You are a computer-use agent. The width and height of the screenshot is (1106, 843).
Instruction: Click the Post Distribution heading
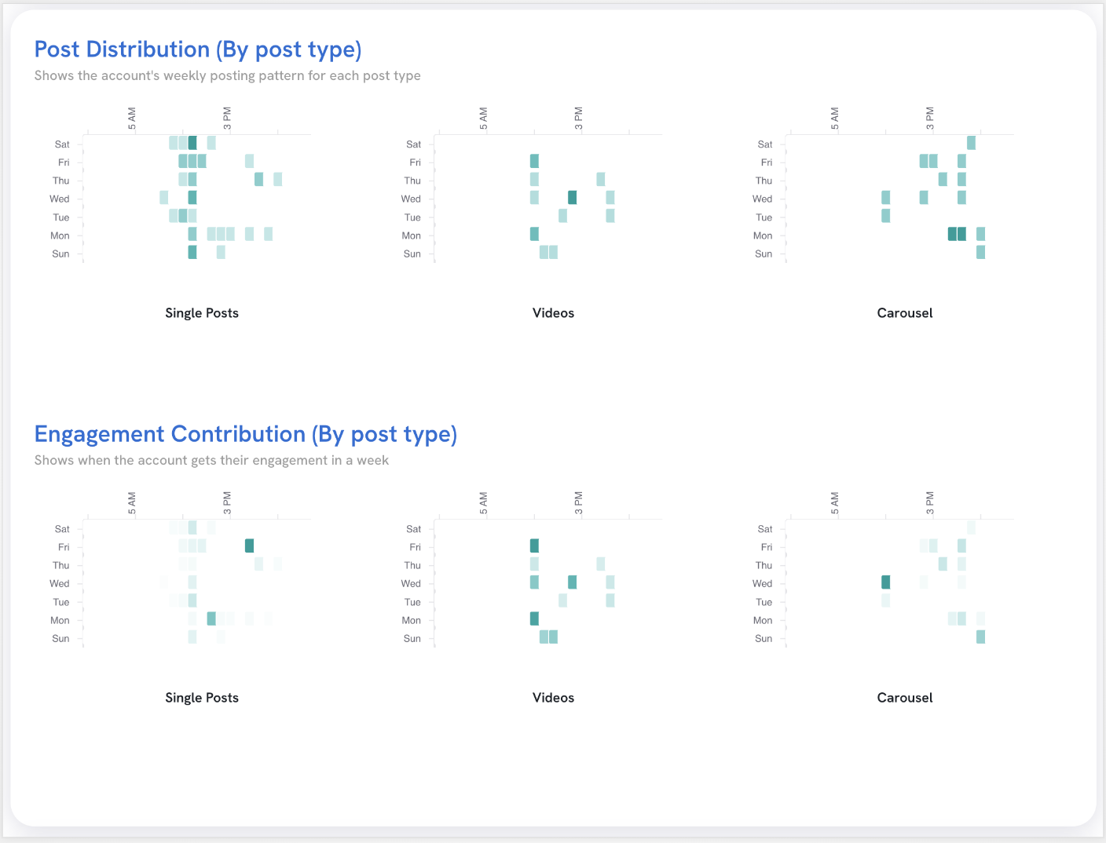tap(198, 49)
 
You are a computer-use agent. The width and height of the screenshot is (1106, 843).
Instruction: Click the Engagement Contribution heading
tap(245, 434)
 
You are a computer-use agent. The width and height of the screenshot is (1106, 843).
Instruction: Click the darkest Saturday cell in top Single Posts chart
tap(192, 143)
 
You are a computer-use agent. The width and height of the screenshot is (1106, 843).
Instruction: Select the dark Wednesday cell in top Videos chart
tap(572, 197)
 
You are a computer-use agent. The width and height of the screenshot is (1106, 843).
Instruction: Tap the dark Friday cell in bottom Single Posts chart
tap(249, 546)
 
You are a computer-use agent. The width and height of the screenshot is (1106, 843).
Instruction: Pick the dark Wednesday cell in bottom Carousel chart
tap(885, 582)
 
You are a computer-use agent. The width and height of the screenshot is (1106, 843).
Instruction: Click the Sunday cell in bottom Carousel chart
tap(980, 637)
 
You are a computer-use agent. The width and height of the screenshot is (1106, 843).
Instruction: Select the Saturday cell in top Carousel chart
tap(971, 143)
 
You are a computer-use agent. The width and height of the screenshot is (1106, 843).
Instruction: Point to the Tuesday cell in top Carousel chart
tap(885, 215)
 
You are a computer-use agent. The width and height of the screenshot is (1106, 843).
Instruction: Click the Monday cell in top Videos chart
tap(534, 234)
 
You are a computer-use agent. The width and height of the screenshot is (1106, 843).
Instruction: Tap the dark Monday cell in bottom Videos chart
tap(534, 619)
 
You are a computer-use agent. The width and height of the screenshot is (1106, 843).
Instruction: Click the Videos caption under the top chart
tap(553, 313)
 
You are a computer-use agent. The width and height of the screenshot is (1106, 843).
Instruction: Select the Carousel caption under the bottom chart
tap(904, 698)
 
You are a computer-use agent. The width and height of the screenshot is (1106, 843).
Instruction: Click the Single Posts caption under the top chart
tap(202, 313)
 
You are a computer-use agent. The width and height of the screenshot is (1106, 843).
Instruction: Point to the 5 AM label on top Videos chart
tap(484, 119)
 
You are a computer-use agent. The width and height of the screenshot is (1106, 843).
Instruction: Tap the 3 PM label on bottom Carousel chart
tap(930, 503)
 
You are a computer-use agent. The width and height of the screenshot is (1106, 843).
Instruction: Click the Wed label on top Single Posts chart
tap(60, 199)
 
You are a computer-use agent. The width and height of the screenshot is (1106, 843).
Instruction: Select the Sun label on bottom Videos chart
tap(412, 639)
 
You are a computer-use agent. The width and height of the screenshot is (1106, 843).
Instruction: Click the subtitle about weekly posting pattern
tap(227, 76)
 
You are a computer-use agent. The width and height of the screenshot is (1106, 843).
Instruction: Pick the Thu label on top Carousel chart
tap(764, 181)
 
